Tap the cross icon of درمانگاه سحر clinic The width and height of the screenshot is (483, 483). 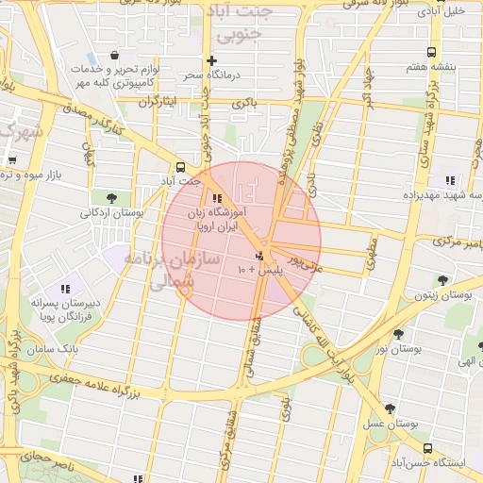click(211, 60)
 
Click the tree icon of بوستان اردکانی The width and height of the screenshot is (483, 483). click(112, 198)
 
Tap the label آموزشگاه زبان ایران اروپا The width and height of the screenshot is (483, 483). click(219, 220)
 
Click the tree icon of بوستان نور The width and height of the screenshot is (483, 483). click(398, 334)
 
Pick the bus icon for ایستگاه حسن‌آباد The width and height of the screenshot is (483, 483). click(429, 448)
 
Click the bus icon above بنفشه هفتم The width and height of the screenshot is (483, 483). click(431, 53)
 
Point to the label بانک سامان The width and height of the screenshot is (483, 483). click(56, 350)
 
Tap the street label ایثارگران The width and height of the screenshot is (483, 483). click(158, 101)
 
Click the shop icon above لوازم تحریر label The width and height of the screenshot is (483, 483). click(114, 55)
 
